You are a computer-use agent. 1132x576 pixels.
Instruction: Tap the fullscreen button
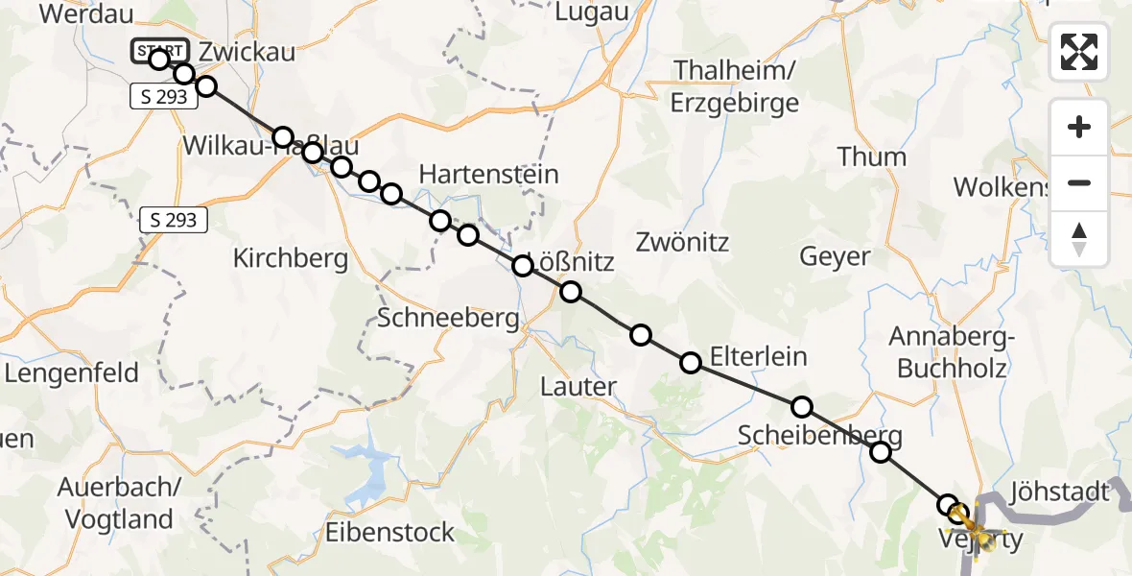pyautogui.click(x=1079, y=52)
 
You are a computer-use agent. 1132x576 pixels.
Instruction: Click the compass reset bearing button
pyautogui.click(x=1079, y=239)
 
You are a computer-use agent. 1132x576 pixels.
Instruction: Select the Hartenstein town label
pyautogui.click(x=489, y=175)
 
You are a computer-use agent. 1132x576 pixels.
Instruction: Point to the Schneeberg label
pyautogui.click(x=448, y=319)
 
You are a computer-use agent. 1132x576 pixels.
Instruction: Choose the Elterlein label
pyautogui.click(x=759, y=357)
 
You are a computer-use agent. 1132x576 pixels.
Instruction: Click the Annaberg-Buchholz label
pyautogui.click(x=948, y=352)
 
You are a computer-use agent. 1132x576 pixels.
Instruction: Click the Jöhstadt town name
pyautogui.click(x=1059, y=492)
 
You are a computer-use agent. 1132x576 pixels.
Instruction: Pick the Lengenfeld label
pyautogui.click(x=72, y=372)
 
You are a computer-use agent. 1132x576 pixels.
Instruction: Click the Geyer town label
pyautogui.click(x=835, y=256)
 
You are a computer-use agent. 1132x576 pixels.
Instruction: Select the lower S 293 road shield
pyautogui.click(x=174, y=220)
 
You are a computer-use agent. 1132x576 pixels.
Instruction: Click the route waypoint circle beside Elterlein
pyautogui.click(x=691, y=363)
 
